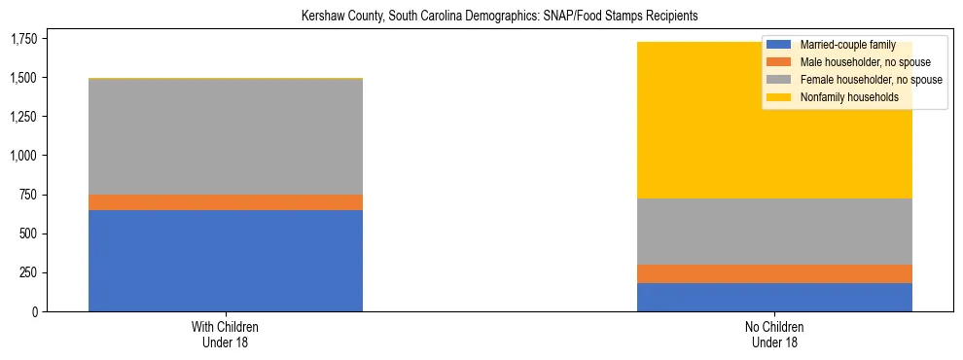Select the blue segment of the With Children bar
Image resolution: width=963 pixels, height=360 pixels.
(x=226, y=261)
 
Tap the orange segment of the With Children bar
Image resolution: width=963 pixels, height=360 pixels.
(x=226, y=202)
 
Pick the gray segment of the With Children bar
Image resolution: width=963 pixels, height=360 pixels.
(x=226, y=137)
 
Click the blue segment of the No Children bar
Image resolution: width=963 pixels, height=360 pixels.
(x=774, y=297)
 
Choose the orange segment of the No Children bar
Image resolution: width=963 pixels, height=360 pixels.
(x=774, y=273)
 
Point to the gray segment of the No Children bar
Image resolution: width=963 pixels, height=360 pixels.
(x=774, y=232)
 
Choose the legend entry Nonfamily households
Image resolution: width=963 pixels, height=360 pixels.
(x=842, y=97)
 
